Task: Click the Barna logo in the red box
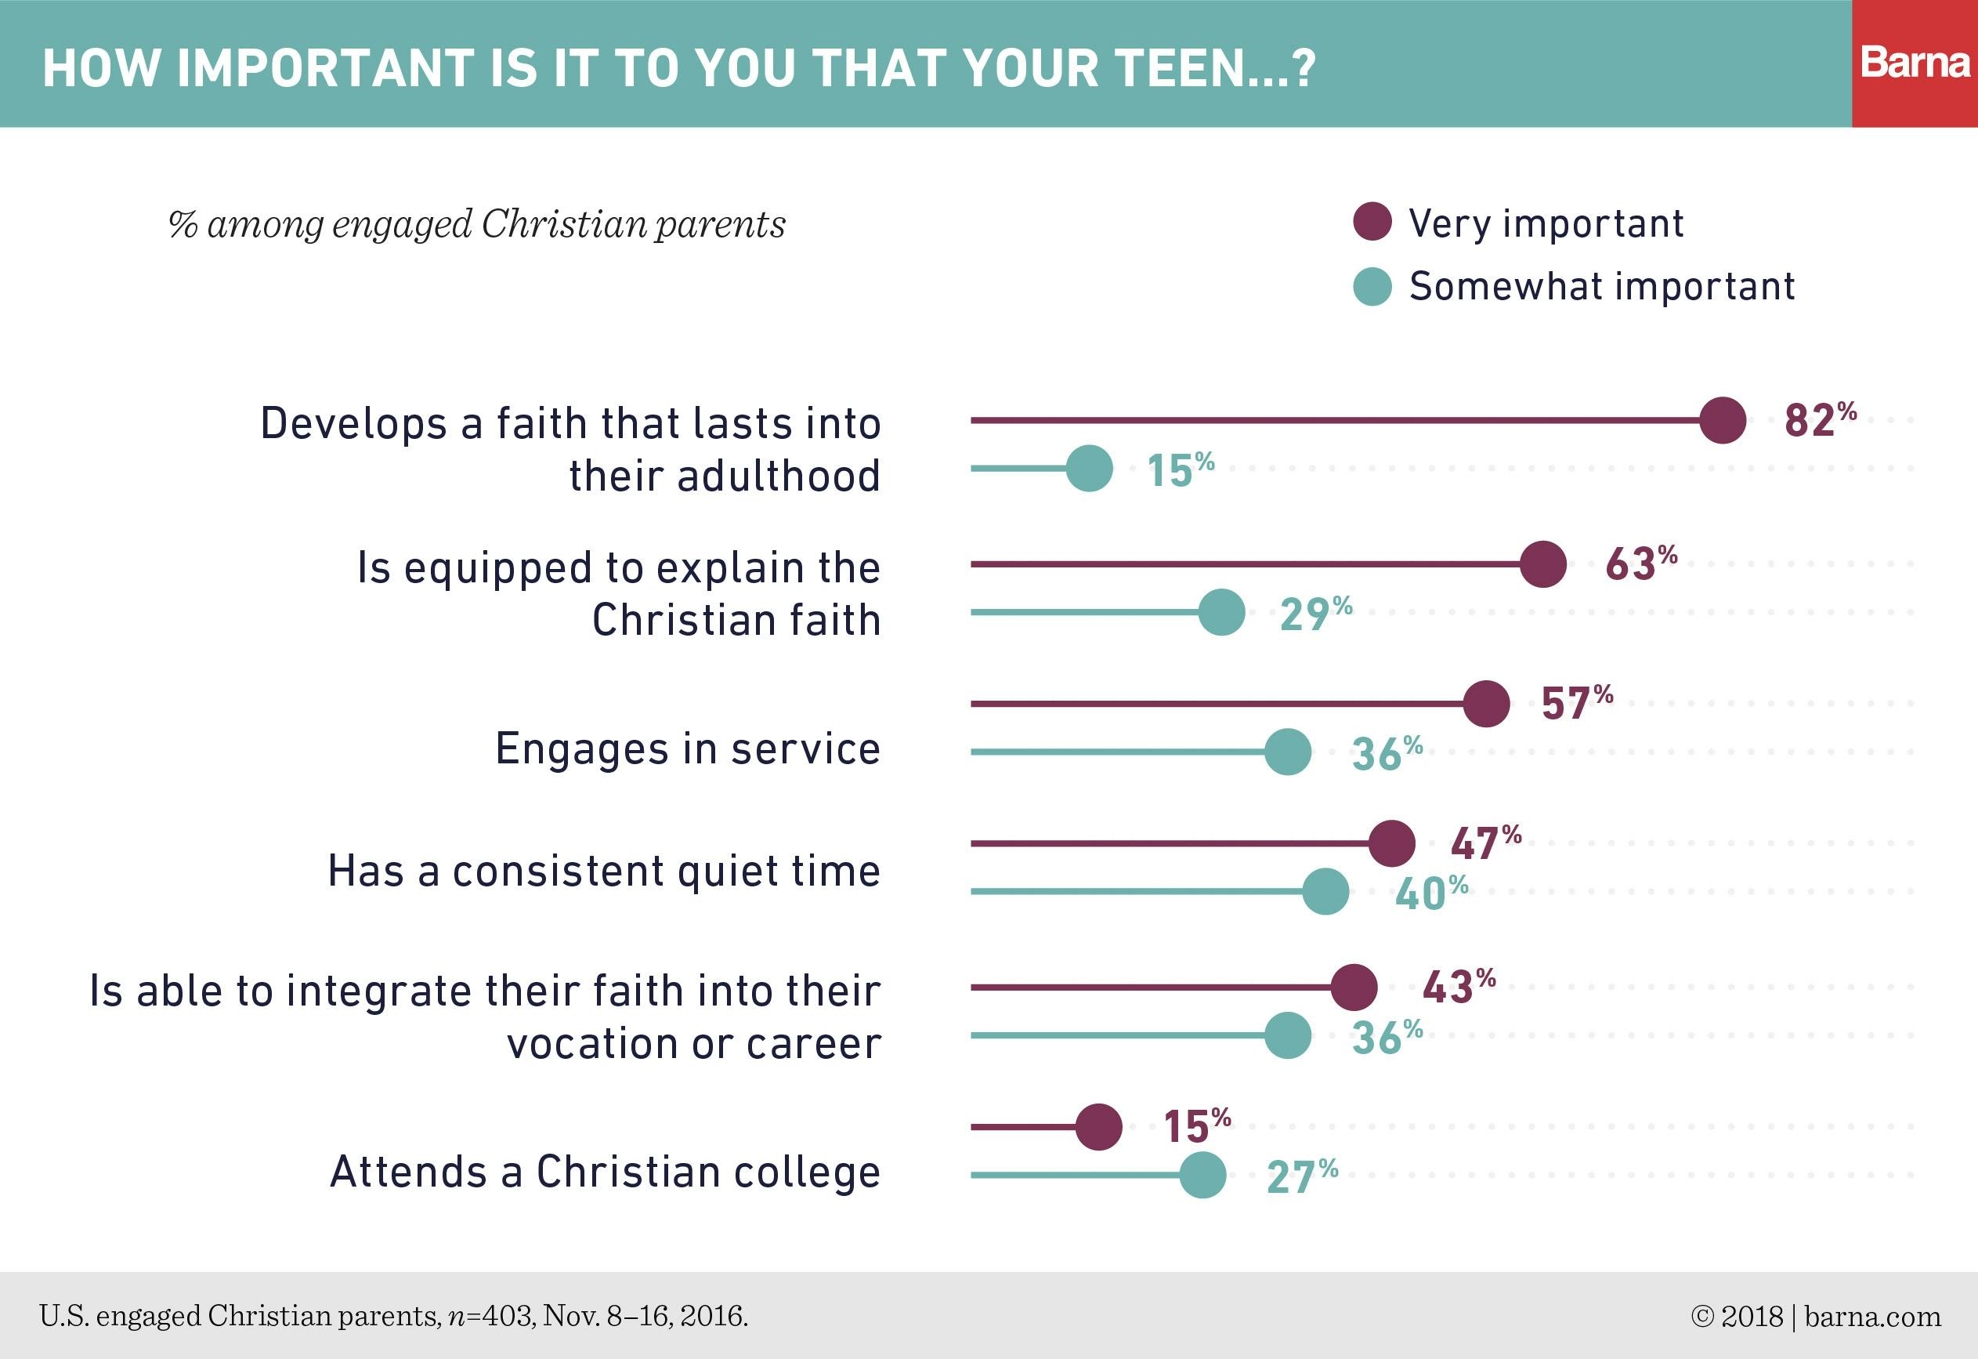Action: click(1915, 63)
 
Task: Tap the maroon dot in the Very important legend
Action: click(1372, 223)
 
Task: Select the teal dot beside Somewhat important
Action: click(1372, 286)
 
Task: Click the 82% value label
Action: click(1820, 420)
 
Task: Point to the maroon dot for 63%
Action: click(1543, 564)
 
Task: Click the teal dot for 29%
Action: click(1221, 612)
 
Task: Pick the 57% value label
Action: click(1576, 702)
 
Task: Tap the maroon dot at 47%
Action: click(1391, 844)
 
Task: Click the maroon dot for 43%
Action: click(1354, 988)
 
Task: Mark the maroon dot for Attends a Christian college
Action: click(1099, 1127)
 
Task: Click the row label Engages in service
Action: click(688, 749)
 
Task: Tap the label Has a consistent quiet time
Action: click(604, 871)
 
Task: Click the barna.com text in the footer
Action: click(1872, 1317)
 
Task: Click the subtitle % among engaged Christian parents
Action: click(476, 224)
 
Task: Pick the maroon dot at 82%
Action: click(1723, 420)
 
